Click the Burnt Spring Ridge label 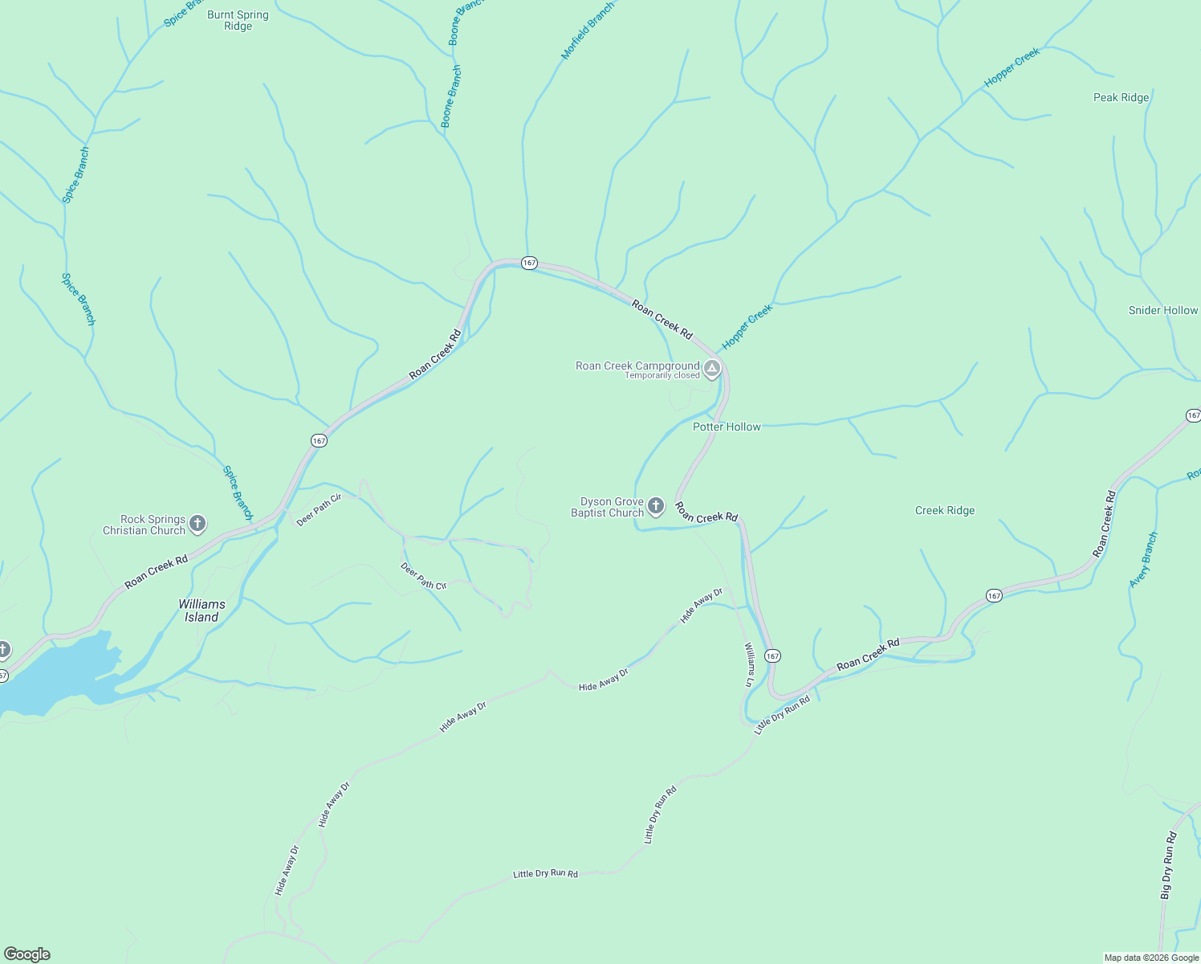click(x=238, y=20)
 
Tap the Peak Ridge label click(x=1121, y=97)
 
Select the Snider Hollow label click(x=1162, y=310)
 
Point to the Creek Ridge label click(x=945, y=510)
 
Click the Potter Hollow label click(x=727, y=427)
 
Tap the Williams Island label click(x=202, y=611)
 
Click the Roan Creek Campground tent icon click(x=711, y=369)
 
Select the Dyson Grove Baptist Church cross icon click(x=656, y=506)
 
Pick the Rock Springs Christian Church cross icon click(x=197, y=525)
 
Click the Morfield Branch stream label click(x=587, y=30)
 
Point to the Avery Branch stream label click(x=1143, y=559)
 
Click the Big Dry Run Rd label click(x=1168, y=865)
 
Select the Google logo click(x=27, y=954)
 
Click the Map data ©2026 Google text click(x=1151, y=958)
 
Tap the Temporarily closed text click(x=662, y=376)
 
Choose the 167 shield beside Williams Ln click(x=772, y=656)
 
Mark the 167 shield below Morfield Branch click(x=528, y=263)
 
